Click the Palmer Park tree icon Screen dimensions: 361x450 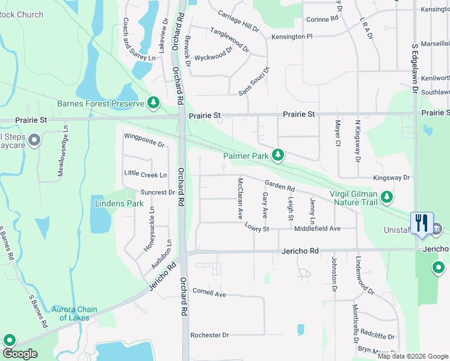click(x=277, y=156)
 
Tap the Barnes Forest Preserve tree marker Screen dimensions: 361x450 click(x=153, y=103)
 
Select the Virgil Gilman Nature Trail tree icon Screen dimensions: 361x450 click(x=387, y=197)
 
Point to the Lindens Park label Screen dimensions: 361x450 click(x=119, y=203)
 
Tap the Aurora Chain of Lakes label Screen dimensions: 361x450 click(x=75, y=313)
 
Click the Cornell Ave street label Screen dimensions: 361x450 click(x=209, y=294)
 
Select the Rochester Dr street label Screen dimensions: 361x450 click(x=209, y=335)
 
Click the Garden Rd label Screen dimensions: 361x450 click(x=279, y=187)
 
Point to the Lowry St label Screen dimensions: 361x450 click(x=256, y=227)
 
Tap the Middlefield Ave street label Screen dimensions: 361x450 click(x=317, y=229)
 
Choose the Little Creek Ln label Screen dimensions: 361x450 click(x=145, y=174)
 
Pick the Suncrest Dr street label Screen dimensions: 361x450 click(x=157, y=193)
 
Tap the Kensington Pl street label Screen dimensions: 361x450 click(x=292, y=37)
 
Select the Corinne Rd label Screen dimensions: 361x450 click(x=322, y=19)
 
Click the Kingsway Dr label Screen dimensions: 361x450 click(x=391, y=178)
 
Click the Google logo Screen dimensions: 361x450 click(x=19, y=354)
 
